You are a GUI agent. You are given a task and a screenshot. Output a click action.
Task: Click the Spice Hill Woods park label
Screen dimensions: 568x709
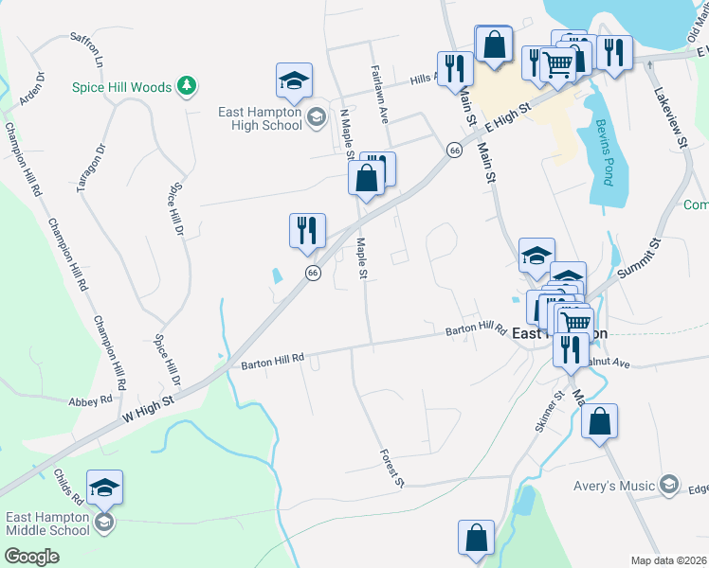click(122, 87)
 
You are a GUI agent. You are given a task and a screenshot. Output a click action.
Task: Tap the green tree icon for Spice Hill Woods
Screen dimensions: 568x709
click(188, 86)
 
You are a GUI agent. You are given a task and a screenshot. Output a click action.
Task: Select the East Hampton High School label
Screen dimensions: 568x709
click(260, 118)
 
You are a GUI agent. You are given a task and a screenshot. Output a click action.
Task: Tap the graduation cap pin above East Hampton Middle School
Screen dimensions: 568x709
click(104, 488)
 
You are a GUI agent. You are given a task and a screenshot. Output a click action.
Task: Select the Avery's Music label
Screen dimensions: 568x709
click(614, 487)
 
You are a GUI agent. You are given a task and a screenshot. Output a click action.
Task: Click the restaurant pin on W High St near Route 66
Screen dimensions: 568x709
click(307, 232)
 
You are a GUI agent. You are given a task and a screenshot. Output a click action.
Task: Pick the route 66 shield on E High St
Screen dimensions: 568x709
click(455, 151)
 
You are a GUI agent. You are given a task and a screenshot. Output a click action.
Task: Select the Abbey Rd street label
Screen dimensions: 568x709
click(91, 401)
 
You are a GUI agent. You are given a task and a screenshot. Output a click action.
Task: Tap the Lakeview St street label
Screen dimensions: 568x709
click(669, 117)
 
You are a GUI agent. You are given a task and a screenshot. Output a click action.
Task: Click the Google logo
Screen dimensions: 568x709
click(31, 557)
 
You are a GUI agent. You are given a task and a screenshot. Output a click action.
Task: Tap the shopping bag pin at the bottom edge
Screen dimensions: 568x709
click(476, 537)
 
